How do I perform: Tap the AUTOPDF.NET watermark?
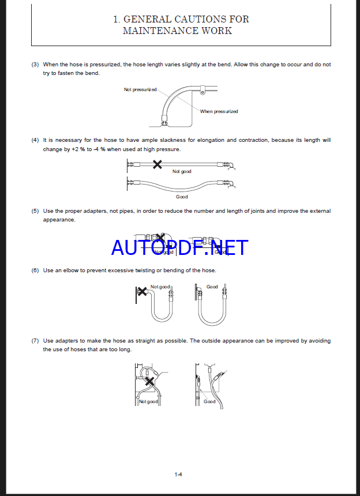(x=179, y=247)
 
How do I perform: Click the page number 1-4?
(x=179, y=475)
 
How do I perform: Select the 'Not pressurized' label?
(x=140, y=89)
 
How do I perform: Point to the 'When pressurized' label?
(x=219, y=111)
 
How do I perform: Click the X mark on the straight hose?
(x=157, y=164)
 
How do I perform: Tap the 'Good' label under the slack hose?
(x=182, y=197)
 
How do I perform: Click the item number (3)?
(x=35, y=65)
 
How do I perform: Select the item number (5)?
(x=35, y=211)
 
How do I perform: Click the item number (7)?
(x=35, y=341)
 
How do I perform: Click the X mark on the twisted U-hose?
(x=141, y=292)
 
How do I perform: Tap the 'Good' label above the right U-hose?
(x=212, y=287)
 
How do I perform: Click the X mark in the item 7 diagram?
(x=149, y=381)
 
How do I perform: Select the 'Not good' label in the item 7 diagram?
(x=149, y=402)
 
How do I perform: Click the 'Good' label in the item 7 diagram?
(x=209, y=401)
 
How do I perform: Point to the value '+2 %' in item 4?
(x=78, y=149)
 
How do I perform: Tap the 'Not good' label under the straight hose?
(x=182, y=171)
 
